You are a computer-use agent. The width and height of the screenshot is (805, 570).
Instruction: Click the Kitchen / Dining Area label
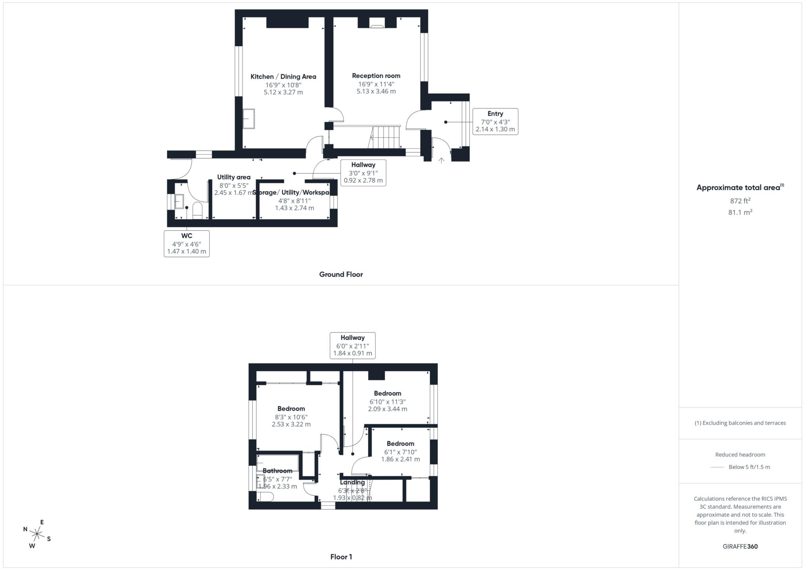pyautogui.click(x=283, y=77)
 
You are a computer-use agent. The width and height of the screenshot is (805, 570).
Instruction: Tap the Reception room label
pyautogui.click(x=376, y=76)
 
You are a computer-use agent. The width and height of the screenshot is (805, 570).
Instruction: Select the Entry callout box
pyautogui.click(x=495, y=122)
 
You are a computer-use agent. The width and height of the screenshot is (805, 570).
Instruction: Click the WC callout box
pyautogui.click(x=186, y=243)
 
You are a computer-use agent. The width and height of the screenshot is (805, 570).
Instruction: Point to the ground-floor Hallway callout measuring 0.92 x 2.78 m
pyautogui.click(x=363, y=173)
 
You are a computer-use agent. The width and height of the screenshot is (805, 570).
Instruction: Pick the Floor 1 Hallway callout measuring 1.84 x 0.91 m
pyautogui.click(x=352, y=345)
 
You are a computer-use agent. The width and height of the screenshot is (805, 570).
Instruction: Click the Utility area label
pyautogui.click(x=233, y=177)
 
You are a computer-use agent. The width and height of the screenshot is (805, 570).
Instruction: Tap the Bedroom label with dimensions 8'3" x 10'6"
pyautogui.click(x=291, y=409)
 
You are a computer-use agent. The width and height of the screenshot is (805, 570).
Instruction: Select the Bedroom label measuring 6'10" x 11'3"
pyautogui.click(x=387, y=393)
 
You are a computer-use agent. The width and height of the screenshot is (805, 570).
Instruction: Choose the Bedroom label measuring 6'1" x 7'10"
pyautogui.click(x=400, y=444)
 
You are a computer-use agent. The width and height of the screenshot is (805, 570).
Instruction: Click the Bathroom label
pyautogui.click(x=277, y=471)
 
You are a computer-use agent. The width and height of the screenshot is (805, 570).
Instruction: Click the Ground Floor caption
pyautogui.click(x=341, y=275)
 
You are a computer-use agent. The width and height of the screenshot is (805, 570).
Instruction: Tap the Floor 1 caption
pyautogui.click(x=341, y=557)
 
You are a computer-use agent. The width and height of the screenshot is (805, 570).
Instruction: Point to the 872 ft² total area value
pyautogui.click(x=740, y=201)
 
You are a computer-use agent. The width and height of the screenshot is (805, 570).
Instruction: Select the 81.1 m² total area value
pyautogui.click(x=740, y=212)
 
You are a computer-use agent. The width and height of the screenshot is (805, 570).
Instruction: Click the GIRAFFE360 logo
pyautogui.click(x=740, y=546)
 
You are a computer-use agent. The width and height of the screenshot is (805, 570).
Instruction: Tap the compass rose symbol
pyautogui.click(x=37, y=534)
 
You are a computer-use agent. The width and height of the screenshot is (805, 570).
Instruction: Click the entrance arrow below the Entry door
pyautogui.click(x=441, y=160)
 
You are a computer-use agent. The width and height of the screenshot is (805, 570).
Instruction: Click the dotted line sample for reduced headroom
pyautogui.click(x=717, y=467)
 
